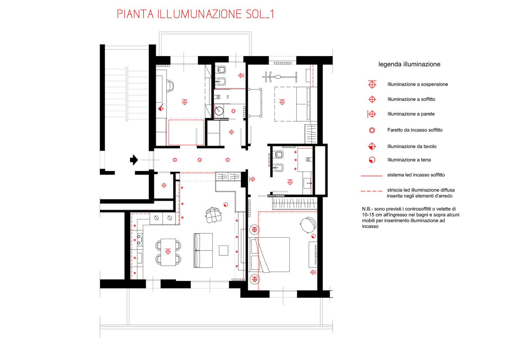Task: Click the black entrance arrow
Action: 134,160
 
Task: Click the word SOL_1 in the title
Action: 260,14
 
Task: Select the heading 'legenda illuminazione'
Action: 409,64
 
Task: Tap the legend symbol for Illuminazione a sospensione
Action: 372,84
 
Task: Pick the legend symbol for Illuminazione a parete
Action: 372,114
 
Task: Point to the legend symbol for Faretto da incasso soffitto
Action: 372,130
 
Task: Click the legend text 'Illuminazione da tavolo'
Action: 412,146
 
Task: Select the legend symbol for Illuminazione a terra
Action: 372,160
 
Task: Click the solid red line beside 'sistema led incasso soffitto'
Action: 372,176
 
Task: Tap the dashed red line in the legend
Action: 372,191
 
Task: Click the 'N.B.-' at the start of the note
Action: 367,209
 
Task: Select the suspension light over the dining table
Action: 168,251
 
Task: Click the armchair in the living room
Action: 213,215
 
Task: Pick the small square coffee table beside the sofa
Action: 224,250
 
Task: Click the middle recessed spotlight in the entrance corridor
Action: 200,160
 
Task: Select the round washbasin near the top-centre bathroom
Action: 219,111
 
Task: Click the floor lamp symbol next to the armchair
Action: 226,205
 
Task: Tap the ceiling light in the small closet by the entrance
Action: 164,185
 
